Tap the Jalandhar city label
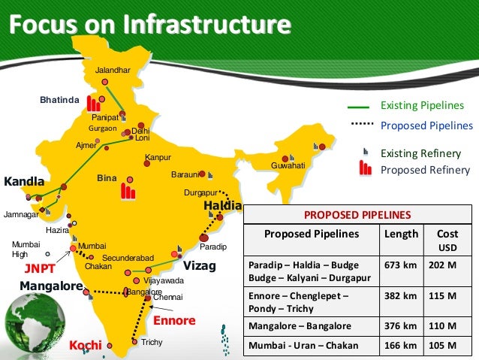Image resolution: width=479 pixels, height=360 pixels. [x=113, y=70]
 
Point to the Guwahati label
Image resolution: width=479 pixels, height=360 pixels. [x=288, y=165]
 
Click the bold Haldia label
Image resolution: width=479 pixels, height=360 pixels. [x=223, y=206]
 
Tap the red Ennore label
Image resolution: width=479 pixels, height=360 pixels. [x=174, y=321]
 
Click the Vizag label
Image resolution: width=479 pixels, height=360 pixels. [x=200, y=266]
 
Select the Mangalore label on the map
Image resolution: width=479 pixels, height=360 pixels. [x=50, y=286]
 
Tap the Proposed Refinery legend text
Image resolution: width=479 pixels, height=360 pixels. [x=425, y=170]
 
